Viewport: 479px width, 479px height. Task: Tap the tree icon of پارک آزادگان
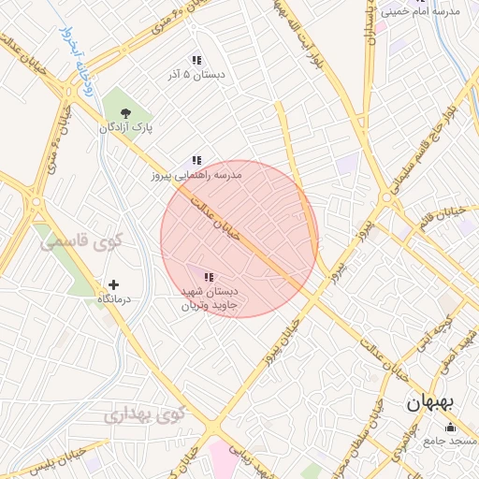[x=126, y=112]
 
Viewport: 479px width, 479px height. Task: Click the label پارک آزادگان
[x=126, y=127]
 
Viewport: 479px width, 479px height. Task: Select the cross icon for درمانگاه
[x=113, y=284]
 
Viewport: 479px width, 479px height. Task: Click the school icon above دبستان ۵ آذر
[x=196, y=60]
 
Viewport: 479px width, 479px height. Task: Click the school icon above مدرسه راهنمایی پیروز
[x=196, y=161]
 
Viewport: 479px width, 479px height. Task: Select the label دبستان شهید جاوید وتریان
[x=210, y=298]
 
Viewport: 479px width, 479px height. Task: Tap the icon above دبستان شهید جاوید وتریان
[x=209, y=277]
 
